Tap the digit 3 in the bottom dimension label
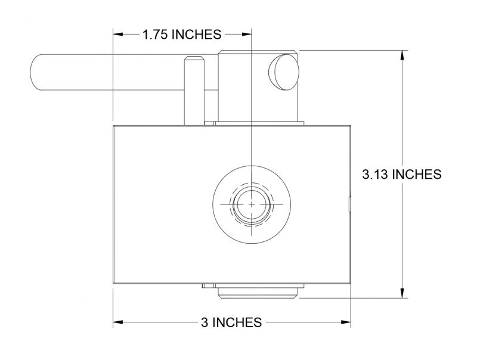(205, 322)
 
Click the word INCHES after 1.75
(196, 33)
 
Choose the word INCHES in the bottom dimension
(237, 322)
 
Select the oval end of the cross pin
(284, 72)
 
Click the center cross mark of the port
(252, 204)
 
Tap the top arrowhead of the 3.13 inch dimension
(404, 55)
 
